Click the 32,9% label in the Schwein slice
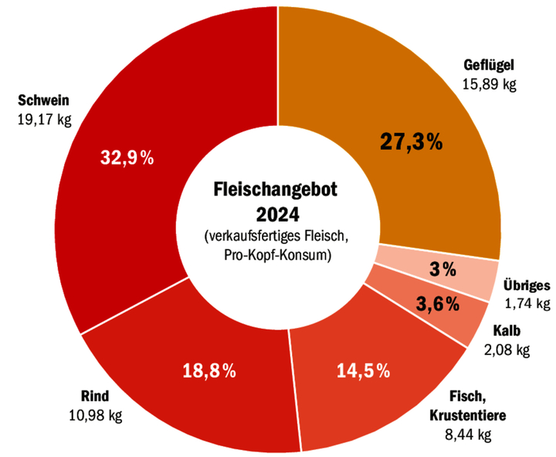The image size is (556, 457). [127, 158]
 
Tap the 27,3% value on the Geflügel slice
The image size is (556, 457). [411, 141]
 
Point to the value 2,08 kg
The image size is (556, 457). [507, 350]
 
